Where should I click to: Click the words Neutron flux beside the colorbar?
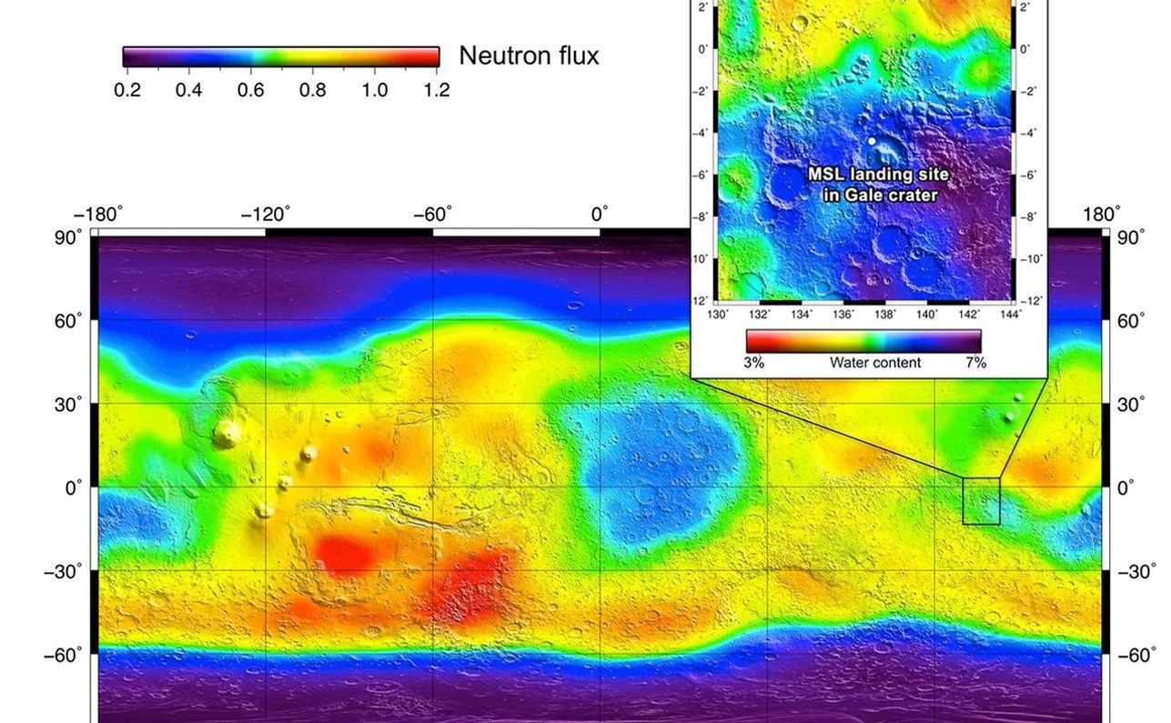pos(529,56)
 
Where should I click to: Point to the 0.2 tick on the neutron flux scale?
pos(127,90)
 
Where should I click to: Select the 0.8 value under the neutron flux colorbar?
pos(312,90)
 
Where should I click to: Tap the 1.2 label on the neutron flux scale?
pos(436,90)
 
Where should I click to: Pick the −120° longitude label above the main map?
pos(265,216)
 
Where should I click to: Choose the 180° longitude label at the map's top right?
pos(1102,215)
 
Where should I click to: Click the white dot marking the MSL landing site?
pos(872,141)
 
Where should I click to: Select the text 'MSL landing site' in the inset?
pos(878,174)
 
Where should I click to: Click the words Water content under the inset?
pos(874,363)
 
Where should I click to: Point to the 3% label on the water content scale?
pos(754,363)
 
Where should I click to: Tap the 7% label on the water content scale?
pos(975,363)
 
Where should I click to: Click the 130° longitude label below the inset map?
pos(719,315)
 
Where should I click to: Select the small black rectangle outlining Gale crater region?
pos(981,501)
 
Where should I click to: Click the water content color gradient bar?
pos(863,341)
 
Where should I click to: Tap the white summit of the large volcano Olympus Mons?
pos(225,434)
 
